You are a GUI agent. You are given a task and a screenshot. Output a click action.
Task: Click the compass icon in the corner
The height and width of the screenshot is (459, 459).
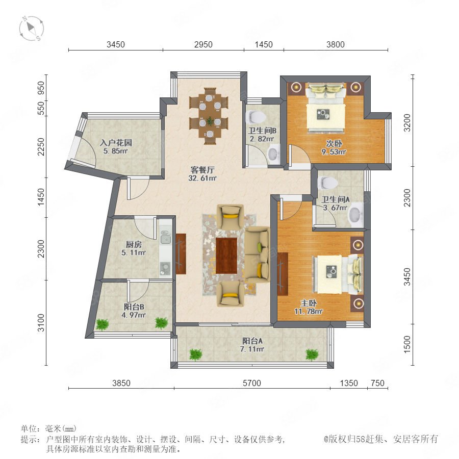coord(31,29)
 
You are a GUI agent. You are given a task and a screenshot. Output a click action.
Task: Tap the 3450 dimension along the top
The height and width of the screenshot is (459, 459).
coord(116,44)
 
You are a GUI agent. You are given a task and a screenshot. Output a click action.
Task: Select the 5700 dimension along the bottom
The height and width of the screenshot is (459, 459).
coord(252,383)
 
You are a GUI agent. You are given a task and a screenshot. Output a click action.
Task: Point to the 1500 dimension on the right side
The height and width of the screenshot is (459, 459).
coord(407,344)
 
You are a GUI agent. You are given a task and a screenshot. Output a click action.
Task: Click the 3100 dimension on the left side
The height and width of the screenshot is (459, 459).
coord(41,323)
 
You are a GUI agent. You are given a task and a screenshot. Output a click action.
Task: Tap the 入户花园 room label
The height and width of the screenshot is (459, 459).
coord(116,143)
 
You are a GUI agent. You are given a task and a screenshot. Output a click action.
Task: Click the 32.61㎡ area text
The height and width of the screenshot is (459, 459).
coord(202,178)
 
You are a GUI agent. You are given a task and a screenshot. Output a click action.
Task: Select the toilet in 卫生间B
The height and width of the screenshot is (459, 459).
coord(256,117)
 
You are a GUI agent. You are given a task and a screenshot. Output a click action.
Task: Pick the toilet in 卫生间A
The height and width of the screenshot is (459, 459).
coord(327,183)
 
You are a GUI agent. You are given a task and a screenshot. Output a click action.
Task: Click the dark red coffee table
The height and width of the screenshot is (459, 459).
coord(226,256)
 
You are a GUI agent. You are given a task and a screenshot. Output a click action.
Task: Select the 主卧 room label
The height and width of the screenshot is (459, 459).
coord(309,303)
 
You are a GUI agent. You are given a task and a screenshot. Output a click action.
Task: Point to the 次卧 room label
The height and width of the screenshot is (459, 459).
coord(334,144)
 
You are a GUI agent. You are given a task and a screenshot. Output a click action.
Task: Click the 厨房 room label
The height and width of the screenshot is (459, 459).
coord(134,244)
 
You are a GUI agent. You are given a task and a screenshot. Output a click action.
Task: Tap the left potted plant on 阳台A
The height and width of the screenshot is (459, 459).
coord(195,354)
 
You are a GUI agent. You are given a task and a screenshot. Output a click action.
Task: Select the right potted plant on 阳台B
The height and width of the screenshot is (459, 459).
coord(161,323)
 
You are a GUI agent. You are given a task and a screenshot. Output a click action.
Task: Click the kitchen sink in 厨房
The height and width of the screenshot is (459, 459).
coord(165,237)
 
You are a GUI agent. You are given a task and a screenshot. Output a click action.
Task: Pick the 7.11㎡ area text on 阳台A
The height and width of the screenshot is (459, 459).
coord(252,349)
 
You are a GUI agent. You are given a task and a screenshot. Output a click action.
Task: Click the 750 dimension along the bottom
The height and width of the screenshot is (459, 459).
coord(377,383)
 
